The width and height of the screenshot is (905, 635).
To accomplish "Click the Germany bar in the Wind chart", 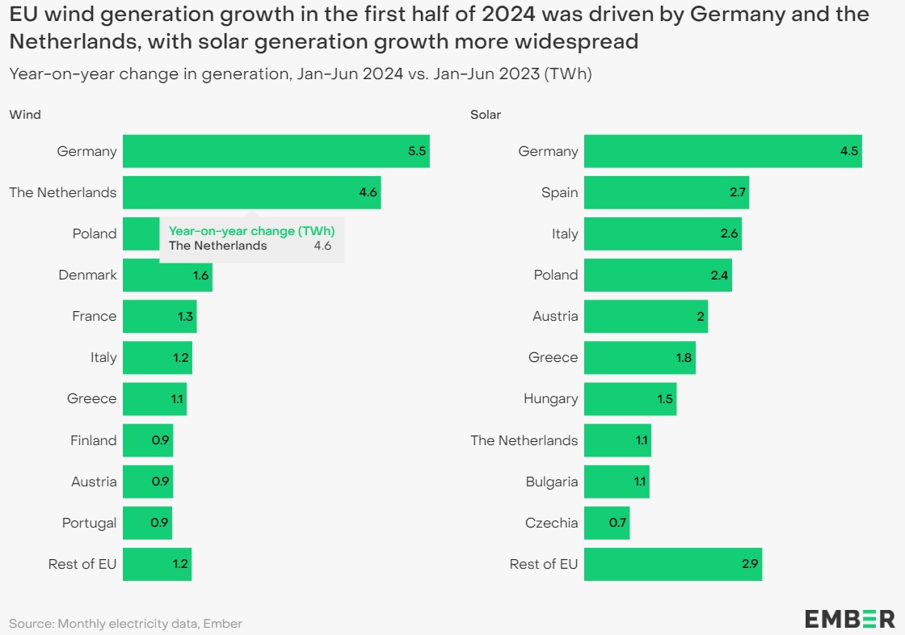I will click(x=276, y=151).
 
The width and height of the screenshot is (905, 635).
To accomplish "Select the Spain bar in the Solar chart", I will click(x=666, y=192).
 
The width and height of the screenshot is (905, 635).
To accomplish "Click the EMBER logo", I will click(x=849, y=619).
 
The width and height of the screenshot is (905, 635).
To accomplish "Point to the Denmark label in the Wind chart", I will click(x=87, y=275).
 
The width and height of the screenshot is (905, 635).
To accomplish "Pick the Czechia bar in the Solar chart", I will click(x=606, y=523).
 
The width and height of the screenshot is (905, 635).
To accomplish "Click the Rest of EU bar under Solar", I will click(x=672, y=564).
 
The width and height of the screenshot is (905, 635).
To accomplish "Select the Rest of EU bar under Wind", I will click(x=157, y=564).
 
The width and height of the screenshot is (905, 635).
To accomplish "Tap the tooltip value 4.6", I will click(x=322, y=246).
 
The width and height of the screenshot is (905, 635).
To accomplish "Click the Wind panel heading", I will click(x=25, y=115).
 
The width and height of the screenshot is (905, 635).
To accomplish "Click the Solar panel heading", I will click(x=486, y=115).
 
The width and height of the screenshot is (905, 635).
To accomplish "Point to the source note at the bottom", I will click(x=125, y=623).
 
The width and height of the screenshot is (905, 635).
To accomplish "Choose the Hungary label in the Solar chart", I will click(x=550, y=398).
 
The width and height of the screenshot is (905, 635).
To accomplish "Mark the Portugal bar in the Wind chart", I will click(x=147, y=523).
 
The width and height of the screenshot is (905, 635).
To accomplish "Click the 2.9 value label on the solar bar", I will click(x=749, y=564).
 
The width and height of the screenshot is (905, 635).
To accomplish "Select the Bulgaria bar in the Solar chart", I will click(x=616, y=482).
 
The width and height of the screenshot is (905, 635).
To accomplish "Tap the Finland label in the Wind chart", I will click(x=93, y=440).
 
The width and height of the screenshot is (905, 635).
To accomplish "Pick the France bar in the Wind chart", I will click(x=159, y=316).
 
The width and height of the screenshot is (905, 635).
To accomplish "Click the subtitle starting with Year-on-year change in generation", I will click(x=301, y=74).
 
